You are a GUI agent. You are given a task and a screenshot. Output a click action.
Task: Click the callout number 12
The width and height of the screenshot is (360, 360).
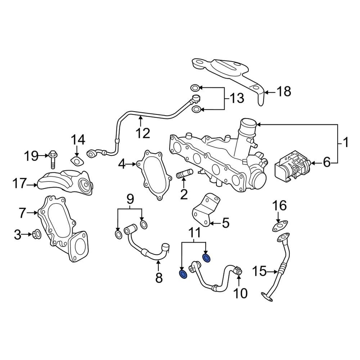(x=143, y=134)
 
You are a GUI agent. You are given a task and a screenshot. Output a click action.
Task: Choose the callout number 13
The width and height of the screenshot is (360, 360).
(x=237, y=98)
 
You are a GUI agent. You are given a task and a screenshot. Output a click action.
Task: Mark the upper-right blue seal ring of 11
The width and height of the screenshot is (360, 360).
(x=207, y=257)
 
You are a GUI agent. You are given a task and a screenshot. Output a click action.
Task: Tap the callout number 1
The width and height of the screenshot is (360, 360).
(x=345, y=143)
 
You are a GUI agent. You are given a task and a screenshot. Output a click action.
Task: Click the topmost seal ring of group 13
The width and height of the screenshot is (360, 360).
(x=194, y=87)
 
